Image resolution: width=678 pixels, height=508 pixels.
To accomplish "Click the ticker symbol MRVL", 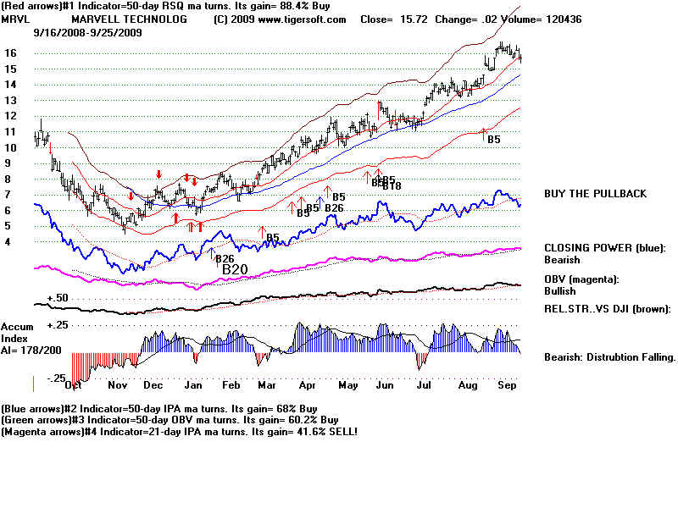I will pyautogui.click(x=15, y=19).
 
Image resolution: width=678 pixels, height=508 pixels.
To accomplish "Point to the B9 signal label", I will pyautogui.click(x=303, y=213).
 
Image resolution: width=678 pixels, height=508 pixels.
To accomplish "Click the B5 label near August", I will pyautogui.click(x=493, y=139).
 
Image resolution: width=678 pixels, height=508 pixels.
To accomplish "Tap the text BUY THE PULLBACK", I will pyautogui.click(x=595, y=194).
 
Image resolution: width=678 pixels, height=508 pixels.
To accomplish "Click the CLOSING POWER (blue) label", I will pyautogui.click(x=603, y=248).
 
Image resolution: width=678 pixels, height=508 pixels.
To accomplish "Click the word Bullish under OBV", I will pyautogui.click(x=560, y=290).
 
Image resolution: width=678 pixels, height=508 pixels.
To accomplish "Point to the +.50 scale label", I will pyautogui.click(x=58, y=299).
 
